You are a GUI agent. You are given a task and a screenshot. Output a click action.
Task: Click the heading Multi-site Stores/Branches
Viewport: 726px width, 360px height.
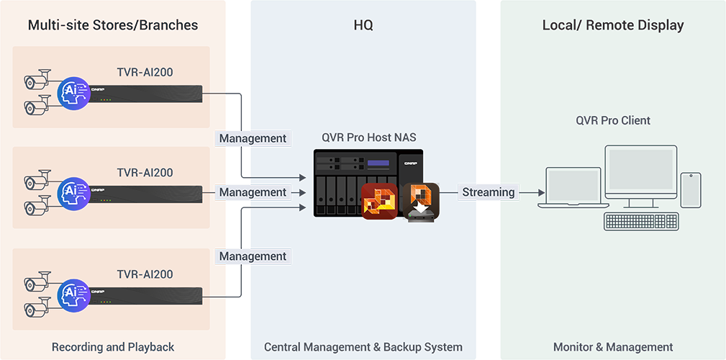(113, 25)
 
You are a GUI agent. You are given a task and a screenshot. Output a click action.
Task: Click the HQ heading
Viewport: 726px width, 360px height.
(363, 25)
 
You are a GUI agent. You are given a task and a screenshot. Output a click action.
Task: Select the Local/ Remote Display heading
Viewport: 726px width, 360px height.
(613, 25)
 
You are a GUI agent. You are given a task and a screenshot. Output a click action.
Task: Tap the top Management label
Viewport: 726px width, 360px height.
(253, 138)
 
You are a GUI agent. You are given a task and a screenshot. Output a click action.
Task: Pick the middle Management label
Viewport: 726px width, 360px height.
(253, 192)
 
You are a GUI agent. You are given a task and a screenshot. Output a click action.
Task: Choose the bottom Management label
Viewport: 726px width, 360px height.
(253, 256)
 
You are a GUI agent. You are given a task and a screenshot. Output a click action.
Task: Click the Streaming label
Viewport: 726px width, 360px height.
(489, 192)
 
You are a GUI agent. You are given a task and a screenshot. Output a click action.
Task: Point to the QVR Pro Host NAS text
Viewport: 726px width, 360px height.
(370, 138)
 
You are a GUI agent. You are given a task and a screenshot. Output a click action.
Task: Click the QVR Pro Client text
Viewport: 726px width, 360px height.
(613, 120)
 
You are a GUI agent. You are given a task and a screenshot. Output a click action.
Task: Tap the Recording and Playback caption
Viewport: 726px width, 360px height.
(113, 347)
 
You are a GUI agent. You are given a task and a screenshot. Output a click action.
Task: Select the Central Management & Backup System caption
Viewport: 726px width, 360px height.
(363, 347)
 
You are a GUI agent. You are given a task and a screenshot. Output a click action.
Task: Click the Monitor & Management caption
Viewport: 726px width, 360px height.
(613, 347)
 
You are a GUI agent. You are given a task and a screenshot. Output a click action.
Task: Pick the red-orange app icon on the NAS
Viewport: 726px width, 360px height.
(379, 202)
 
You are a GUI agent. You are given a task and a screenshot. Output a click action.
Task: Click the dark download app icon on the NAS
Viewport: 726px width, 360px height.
(421, 202)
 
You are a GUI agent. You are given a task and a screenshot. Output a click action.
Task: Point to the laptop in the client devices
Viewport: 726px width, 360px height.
(573, 189)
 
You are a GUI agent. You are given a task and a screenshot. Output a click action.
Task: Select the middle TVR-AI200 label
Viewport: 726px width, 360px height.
(145, 173)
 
